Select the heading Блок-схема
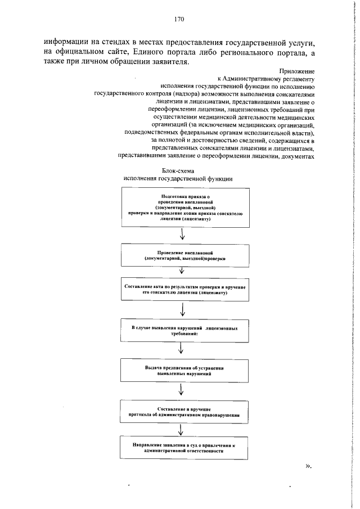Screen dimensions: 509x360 pos(178,170)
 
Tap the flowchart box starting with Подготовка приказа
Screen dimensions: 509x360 pos(185,208)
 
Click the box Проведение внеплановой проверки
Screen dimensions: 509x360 pos(185,256)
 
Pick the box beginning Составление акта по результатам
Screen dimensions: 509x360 pos(185,290)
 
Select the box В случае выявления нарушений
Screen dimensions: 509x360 pos(185,330)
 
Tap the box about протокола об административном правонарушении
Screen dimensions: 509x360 pos(185,412)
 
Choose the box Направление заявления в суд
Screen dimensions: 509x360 pos(185,448)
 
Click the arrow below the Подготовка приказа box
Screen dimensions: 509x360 pos(182,234)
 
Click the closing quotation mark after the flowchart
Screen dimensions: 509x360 pos(308,466)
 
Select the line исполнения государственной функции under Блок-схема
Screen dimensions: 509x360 pos(178,178)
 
